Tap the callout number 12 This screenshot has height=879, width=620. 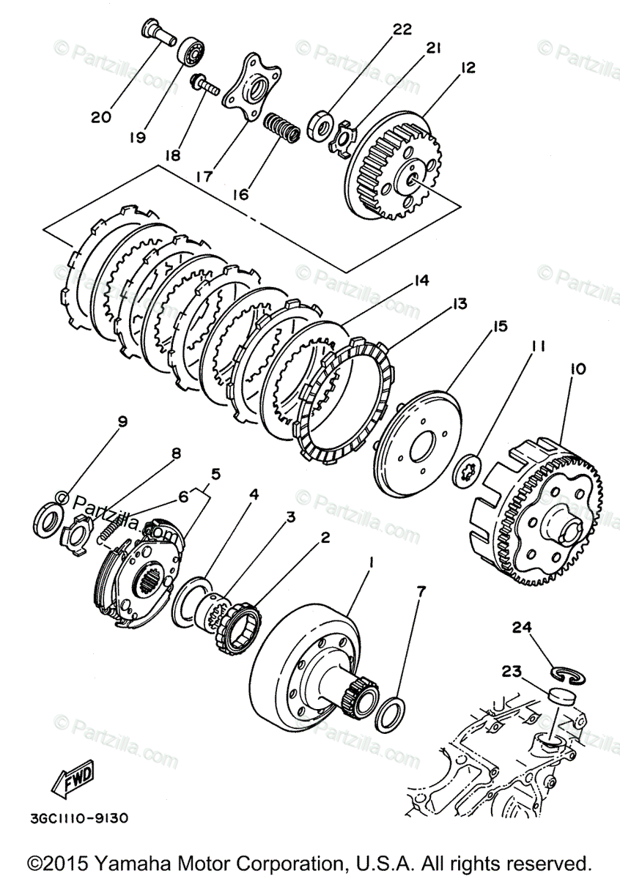tap(468, 67)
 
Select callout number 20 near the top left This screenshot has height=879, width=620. tap(101, 116)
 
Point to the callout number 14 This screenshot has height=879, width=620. tap(421, 280)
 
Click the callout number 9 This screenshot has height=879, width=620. tap(122, 421)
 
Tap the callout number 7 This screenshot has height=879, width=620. tap(421, 590)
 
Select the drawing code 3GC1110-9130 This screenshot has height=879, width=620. tap(73, 815)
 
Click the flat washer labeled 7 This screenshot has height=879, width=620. tap(388, 713)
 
